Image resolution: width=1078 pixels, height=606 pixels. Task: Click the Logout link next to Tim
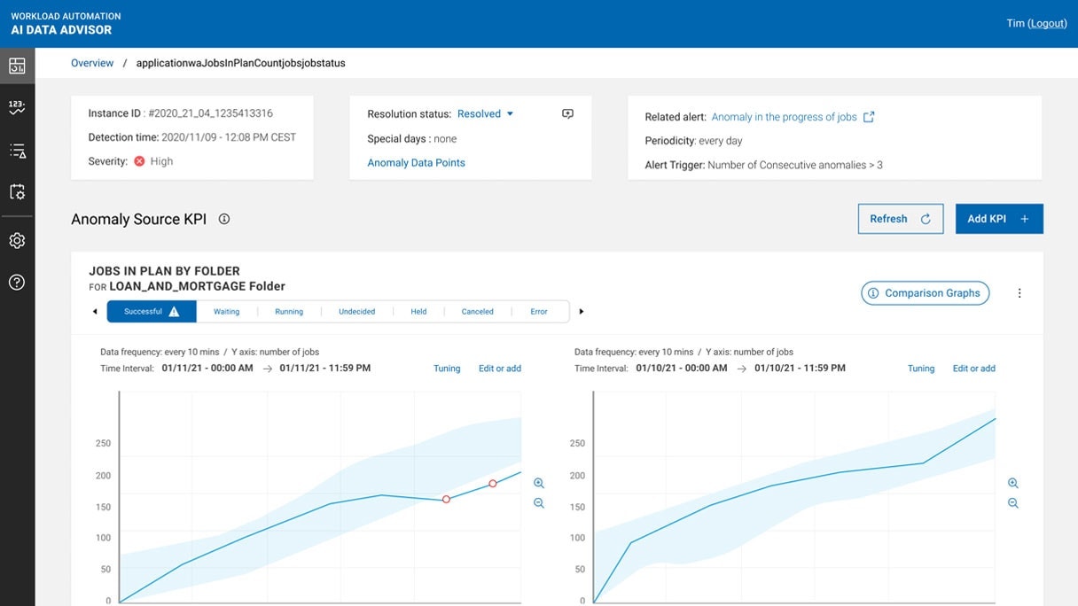tap(1047, 23)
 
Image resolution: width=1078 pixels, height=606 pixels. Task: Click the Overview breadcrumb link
tap(92, 63)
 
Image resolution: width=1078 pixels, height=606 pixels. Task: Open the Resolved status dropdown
tap(485, 113)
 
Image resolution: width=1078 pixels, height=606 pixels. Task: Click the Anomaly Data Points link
tap(416, 163)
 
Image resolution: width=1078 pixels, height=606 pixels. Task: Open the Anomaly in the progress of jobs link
tap(784, 117)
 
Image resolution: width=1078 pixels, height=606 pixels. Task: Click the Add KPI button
tap(998, 219)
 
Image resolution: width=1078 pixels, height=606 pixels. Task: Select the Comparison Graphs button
tap(925, 293)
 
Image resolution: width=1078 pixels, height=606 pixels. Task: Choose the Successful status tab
tap(152, 312)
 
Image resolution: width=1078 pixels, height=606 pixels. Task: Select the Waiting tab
tap(227, 312)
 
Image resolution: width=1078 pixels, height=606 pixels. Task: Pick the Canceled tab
tap(477, 312)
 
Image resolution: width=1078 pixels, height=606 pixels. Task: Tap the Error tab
tap(539, 312)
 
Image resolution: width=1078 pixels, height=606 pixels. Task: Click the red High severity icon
tap(139, 161)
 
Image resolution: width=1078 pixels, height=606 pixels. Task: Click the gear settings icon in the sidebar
tap(17, 241)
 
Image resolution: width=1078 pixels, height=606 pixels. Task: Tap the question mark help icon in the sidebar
tap(17, 283)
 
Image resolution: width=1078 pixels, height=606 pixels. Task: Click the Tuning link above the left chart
tap(447, 369)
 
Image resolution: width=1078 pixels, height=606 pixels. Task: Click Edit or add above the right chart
tap(973, 369)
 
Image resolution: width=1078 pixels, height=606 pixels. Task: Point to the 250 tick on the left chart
tap(104, 443)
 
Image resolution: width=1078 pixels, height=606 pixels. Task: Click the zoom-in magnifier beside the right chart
tap(1013, 483)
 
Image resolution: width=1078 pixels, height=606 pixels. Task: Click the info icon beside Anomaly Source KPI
tap(224, 219)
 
